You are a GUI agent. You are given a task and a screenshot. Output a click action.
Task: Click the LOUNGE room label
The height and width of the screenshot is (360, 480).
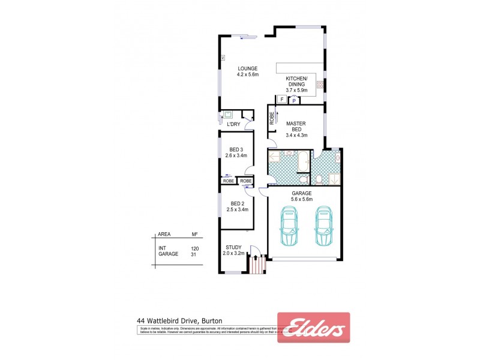[x=247, y=69]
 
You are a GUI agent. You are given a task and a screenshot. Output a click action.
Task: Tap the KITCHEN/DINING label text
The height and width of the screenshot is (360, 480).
[x=296, y=82]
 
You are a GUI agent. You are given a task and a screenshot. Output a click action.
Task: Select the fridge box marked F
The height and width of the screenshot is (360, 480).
[x=282, y=100]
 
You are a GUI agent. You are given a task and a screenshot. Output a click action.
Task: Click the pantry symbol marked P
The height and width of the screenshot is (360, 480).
[x=295, y=100]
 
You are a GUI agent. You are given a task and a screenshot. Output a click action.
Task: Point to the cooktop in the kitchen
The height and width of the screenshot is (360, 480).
[x=320, y=85]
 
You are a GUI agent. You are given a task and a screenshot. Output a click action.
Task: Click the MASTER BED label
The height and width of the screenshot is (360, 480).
[x=296, y=127]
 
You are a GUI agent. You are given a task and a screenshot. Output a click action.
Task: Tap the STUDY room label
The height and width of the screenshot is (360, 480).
[x=233, y=247]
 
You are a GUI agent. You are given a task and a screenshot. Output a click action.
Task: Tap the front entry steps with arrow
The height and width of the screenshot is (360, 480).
[x=257, y=264]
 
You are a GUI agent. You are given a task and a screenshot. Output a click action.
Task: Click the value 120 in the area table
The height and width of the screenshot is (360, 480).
[x=194, y=248]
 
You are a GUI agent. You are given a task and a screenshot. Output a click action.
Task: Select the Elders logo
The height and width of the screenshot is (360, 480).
[x=313, y=328]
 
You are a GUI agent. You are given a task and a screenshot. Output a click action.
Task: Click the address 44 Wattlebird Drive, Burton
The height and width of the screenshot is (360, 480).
[x=180, y=321]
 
